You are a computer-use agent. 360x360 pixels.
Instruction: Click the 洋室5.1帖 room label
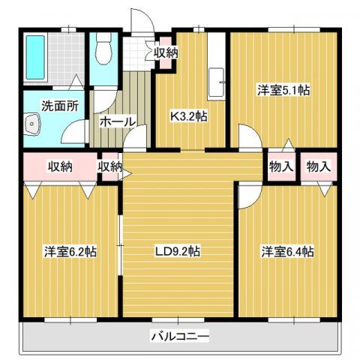(284, 90)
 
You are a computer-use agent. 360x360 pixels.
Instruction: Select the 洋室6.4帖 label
(287, 250)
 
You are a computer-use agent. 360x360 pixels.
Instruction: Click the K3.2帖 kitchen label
(188, 115)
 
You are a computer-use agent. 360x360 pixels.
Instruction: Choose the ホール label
(117, 121)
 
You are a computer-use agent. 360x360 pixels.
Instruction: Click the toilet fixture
(104, 50)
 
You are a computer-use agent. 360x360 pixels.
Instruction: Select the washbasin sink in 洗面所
(32, 126)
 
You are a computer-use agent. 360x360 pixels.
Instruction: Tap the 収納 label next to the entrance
(166, 52)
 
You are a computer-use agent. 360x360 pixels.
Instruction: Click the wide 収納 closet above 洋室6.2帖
(58, 166)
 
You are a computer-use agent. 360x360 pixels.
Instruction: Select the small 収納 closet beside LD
(109, 166)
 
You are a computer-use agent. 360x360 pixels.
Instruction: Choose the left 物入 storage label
(281, 166)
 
